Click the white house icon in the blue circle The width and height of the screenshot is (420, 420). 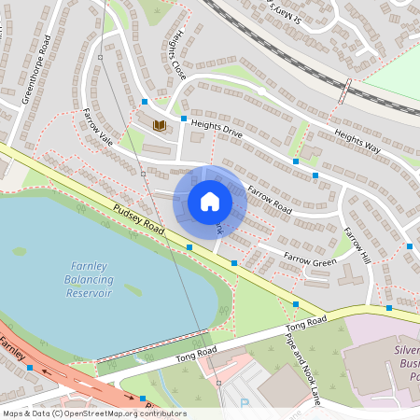click(x=210, y=202)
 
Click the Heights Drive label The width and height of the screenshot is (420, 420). click(x=217, y=128)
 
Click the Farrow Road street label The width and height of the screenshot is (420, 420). click(x=270, y=198)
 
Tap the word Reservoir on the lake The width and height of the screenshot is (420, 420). click(x=88, y=292)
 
